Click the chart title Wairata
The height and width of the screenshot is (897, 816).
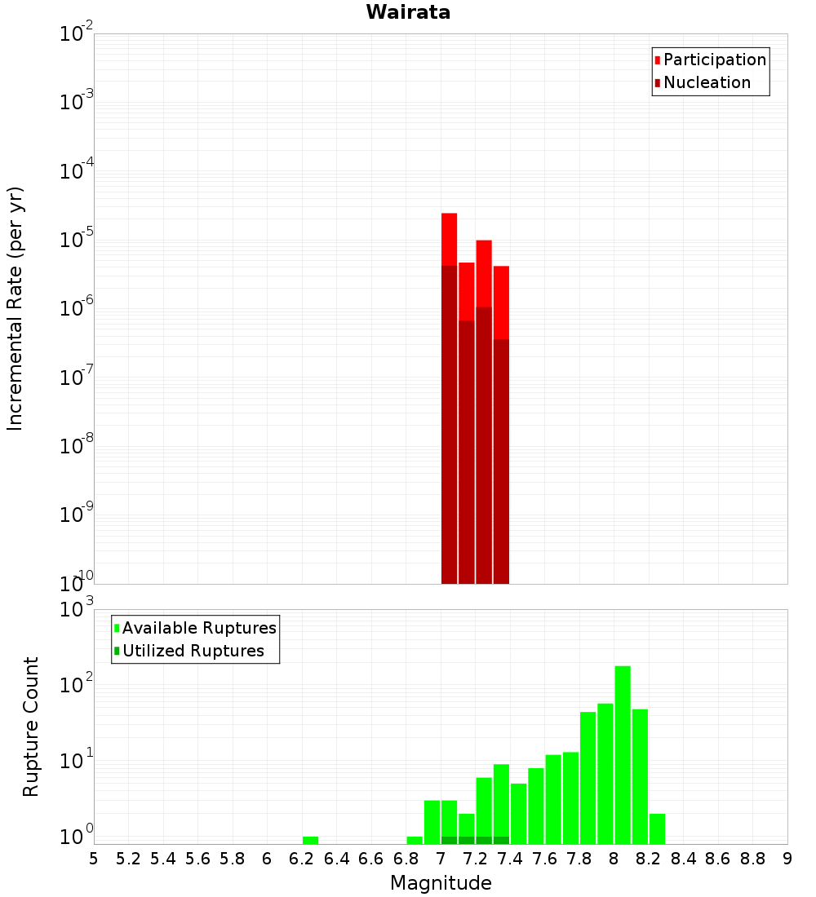tap(408, 12)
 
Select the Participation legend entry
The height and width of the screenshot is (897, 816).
tap(715, 60)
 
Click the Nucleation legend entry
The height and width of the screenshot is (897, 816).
tap(707, 82)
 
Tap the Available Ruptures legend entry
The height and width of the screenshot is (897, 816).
tap(199, 628)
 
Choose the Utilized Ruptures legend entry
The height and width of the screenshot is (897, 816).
tap(193, 651)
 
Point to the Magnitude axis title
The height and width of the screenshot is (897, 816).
tap(441, 883)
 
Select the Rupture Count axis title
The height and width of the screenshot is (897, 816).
tap(31, 726)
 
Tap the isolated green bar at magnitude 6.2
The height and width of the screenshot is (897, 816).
tap(310, 840)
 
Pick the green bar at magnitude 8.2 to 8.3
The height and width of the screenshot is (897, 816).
tap(657, 829)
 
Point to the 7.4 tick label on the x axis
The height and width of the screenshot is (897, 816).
tap(510, 859)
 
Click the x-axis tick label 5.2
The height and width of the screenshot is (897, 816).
tap(128, 859)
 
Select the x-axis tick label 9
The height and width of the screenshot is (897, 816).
tap(787, 859)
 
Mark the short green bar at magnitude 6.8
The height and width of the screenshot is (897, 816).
tap(415, 840)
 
